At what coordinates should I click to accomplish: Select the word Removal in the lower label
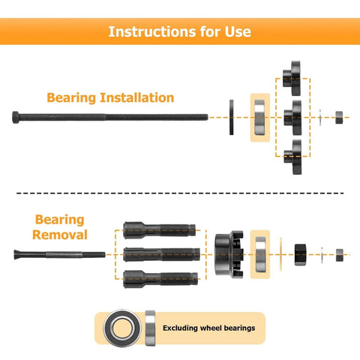61,235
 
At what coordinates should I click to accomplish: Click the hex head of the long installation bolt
17,116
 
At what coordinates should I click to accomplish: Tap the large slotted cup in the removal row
229,253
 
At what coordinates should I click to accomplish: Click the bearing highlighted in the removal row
260,253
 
